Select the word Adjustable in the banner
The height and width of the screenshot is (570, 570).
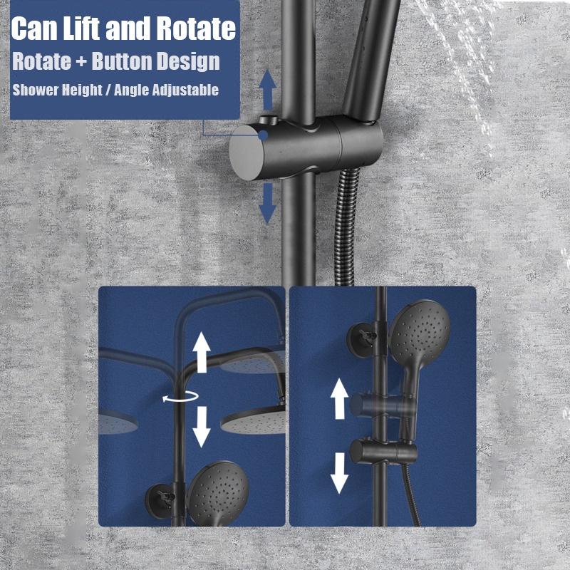(x=185, y=90)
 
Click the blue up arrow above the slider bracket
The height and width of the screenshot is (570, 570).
(x=268, y=90)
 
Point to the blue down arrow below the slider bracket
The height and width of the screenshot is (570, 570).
(x=268, y=204)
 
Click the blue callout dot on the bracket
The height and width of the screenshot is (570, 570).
(x=263, y=135)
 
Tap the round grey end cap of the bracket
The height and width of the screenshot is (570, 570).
(x=247, y=152)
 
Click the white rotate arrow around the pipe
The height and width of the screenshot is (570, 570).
(x=181, y=397)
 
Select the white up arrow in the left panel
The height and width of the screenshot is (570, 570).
(x=202, y=353)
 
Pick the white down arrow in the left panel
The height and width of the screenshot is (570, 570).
(x=202, y=427)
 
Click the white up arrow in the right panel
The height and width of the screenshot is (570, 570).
(x=339, y=399)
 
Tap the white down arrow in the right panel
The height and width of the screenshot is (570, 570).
(x=339, y=473)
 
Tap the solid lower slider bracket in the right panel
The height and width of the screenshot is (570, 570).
(x=383, y=451)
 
